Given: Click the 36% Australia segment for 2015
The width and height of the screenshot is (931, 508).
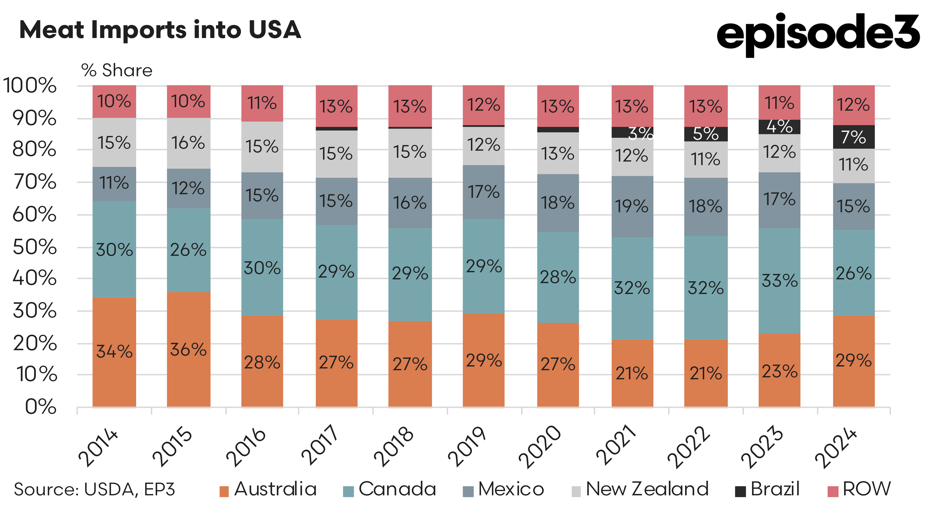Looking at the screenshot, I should [x=188, y=349].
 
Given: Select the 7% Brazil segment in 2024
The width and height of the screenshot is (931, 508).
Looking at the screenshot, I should [x=854, y=137].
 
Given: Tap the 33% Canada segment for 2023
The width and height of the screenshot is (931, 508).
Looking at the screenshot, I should [x=779, y=281].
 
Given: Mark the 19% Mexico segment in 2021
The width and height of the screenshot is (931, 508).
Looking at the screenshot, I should [x=632, y=206].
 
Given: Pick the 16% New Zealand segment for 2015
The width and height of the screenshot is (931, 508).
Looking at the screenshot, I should [x=188, y=143].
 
